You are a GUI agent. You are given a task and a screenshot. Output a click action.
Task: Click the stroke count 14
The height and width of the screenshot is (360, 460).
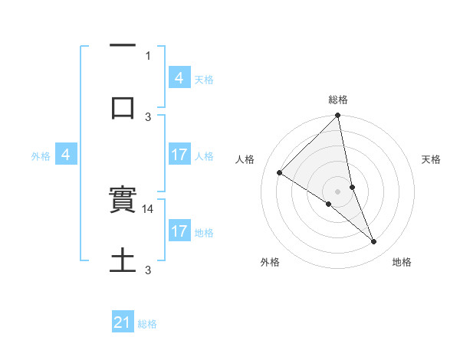click(149, 208)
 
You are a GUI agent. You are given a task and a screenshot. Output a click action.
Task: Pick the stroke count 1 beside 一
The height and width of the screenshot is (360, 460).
click(148, 55)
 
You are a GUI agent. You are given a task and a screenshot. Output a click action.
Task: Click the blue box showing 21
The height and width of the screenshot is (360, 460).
click(123, 323)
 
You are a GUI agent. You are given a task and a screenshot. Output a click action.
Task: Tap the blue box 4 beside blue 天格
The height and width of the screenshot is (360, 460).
click(179, 78)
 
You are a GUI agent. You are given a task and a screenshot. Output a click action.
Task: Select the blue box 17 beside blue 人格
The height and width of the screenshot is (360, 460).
click(179, 155)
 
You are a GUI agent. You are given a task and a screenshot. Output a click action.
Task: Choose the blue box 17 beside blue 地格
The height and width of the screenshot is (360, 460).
click(179, 231)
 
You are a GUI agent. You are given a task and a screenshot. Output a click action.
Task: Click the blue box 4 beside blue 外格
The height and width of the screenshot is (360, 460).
click(66, 155)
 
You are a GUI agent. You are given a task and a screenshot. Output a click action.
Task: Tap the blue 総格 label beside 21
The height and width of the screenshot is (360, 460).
click(147, 324)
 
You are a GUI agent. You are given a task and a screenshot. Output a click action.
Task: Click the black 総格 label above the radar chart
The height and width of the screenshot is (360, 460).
click(338, 100)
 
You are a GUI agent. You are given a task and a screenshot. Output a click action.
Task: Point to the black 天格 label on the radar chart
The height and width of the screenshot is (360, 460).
click(432, 159)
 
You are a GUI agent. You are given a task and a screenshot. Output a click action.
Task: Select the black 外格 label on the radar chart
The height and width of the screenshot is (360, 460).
click(270, 262)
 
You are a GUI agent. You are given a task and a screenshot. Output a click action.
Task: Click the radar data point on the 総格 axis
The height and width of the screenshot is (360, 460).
click(338, 116)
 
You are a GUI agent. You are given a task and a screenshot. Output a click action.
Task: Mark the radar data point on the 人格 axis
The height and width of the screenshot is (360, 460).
click(280, 172)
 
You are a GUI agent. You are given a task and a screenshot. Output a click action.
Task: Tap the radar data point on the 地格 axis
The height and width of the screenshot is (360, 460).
click(374, 241)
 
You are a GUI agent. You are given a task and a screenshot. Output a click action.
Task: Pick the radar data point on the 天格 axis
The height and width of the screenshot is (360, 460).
click(352, 187)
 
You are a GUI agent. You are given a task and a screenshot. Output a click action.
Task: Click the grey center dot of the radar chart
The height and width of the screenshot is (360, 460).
click(338, 191)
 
